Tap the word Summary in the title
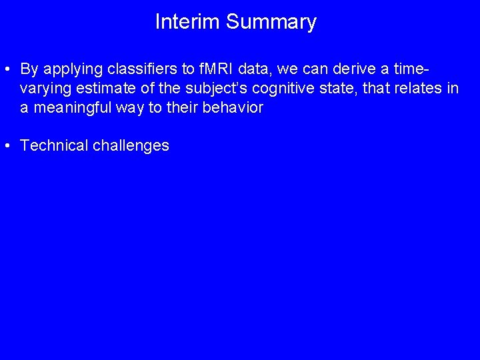tap(271, 22)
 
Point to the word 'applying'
tap(75, 69)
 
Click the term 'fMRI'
tap(212, 69)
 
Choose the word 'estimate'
tap(101, 89)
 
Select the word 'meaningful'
tap(69, 108)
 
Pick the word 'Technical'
tap(54, 146)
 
